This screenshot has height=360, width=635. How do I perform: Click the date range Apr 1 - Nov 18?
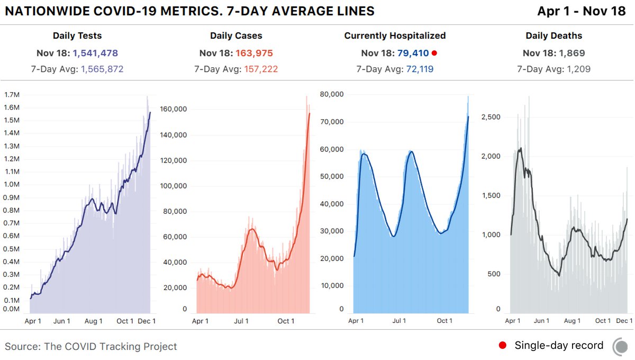coord(581,11)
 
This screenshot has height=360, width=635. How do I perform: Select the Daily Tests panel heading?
coord(77,36)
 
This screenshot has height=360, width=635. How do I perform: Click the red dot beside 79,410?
coord(434,53)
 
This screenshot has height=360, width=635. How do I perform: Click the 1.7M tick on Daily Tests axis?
coord(12,95)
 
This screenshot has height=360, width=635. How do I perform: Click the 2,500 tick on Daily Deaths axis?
coord(491,117)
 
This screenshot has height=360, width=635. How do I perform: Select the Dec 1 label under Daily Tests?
coord(146,321)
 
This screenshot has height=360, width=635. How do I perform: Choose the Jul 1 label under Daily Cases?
coord(241,321)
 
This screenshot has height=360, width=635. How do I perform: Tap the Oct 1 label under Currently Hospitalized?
coord(444,321)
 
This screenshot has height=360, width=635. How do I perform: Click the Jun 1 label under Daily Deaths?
coord(541,321)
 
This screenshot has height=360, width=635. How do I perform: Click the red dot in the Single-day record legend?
coord(503,346)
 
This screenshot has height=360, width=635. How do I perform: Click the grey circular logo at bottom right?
coord(621,347)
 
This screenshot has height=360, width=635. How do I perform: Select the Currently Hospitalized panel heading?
coord(395,36)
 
